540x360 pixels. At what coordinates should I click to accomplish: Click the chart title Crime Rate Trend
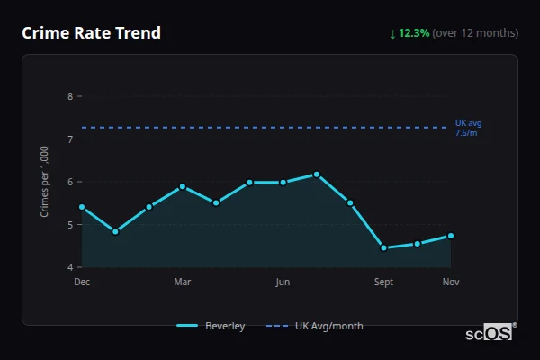pyautogui.click(x=91, y=33)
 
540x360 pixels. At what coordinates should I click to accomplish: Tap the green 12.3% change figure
pyautogui.click(x=409, y=33)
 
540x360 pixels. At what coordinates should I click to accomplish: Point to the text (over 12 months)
pyautogui.click(x=475, y=33)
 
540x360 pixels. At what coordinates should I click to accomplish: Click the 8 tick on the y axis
pyautogui.click(x=70, y=96)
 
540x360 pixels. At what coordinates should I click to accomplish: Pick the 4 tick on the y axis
pyautogui.click(x=70, y=267)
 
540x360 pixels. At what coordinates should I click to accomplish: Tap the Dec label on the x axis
pyautogui.click(x=82, y=283)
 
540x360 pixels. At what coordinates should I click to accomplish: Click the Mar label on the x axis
pyautogui.click(x=183, y=283)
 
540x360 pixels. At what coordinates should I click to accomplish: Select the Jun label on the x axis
pyautogui.click(x=283, y=283)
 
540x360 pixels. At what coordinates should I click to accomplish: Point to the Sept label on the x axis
pyautogui.click(x=383, y=283)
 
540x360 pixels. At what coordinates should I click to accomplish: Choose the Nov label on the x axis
pyautogui.click(x=451, y=283)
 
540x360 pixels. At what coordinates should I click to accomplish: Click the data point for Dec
pyautogui.click(x=82, y=207)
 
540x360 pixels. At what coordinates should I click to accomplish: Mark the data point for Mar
pyautogui.click(x=183, y=186)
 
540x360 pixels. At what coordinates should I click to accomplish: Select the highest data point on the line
pyautogui.click(x=317, y=175)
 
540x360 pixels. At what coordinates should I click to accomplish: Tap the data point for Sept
pyautogui.click(x=383, y=247)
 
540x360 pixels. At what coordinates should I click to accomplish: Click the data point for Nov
pyautogui.click(x=451, y=236)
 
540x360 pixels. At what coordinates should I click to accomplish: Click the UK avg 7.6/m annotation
pyautogui.click(x=469, y=128)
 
